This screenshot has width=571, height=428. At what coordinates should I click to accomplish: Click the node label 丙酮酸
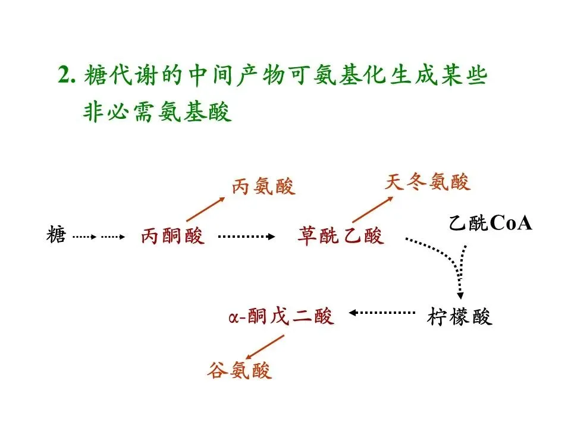click(x=172, y=237)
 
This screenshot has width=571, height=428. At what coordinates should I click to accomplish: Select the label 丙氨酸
click(x=263, y=187)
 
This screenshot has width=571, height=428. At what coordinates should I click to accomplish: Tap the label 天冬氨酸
click(x=427, y=182)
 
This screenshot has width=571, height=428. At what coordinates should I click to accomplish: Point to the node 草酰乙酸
click(x=341, y=237)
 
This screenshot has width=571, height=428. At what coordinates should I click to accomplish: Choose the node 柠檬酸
click(x=460, y=317)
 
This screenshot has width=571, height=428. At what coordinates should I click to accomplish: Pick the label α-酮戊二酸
click(x=281, y=316)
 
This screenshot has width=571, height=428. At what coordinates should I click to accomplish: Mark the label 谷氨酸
click(x=240, y=371)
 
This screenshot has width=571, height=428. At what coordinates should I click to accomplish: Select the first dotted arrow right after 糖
click(x=84, y=237)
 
